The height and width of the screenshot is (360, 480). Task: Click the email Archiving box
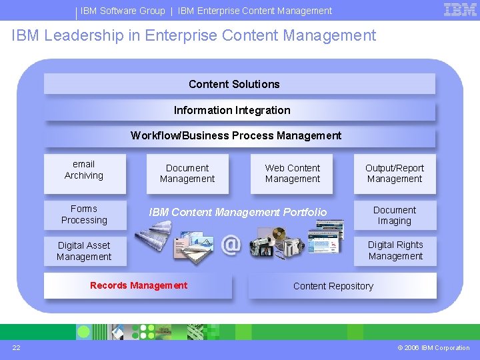pyautogui.click(x=84, y=170)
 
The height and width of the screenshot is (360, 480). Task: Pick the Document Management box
pyautogui.click(x=187, y=173)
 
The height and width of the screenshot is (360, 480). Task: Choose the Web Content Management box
pyautogui.click(x=292, y=173)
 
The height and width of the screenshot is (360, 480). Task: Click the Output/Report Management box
pyautogui.click(x=395, y=173)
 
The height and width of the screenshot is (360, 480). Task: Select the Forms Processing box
pyautogui.click(x=84, y=215)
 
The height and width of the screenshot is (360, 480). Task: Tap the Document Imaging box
pyautogui.click(x=395, y=215)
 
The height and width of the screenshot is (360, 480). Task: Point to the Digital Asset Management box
pyautogui.click(x=84, y=251)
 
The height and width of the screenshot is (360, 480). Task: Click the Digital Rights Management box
pyautogui.click(x=395, y=251)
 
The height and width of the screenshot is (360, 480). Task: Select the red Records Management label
pyautogui.click(x=139, y=286)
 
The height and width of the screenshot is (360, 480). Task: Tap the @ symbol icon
pyautogui.click(x=231, y=245)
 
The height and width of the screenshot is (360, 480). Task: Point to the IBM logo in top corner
pyautogui.click(x=460, y=10)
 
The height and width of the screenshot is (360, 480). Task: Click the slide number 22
pyautogui.click(x=15, y=347)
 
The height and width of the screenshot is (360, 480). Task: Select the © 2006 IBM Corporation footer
pyautogui.click(x=433, y=347)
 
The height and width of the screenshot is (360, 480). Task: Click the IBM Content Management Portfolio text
pyautogui.click(x=238, y=212)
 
